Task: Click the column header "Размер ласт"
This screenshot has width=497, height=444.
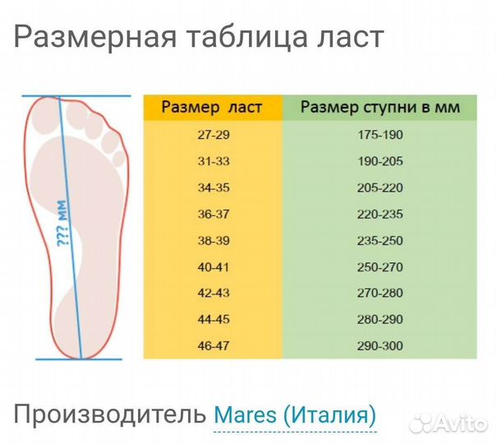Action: click(x=212, y=108)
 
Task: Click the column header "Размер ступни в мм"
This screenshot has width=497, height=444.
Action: click(x=380, y=108)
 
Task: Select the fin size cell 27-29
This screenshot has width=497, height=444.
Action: click(x=212, y=135)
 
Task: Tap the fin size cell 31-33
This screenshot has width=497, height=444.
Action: click(x=212, y=161)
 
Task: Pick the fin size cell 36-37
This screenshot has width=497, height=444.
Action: click(x=212, y=214)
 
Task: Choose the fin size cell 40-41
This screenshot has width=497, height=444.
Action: click(x=212, y=266)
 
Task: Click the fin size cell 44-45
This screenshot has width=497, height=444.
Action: click(x=212, y=319)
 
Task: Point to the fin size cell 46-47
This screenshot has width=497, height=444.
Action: click(x=212, y=345)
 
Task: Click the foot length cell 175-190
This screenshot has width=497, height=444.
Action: click(x=380, y=135)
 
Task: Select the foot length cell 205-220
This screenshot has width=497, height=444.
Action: click(x=380, y=187)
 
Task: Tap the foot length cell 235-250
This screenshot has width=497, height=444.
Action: click(x=380, y=240)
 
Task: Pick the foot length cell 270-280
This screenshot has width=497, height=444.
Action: click(x=380, y=293)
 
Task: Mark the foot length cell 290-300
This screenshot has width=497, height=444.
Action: click(x=380, y=345)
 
